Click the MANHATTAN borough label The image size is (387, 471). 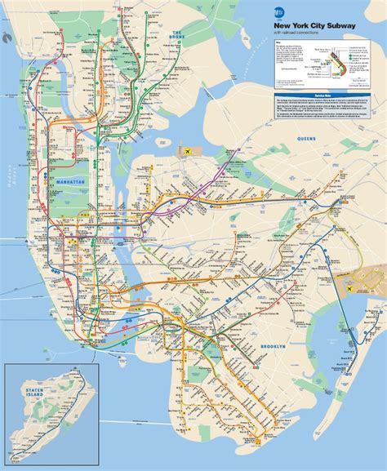[69, 180]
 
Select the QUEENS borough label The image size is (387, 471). [306, 139]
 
